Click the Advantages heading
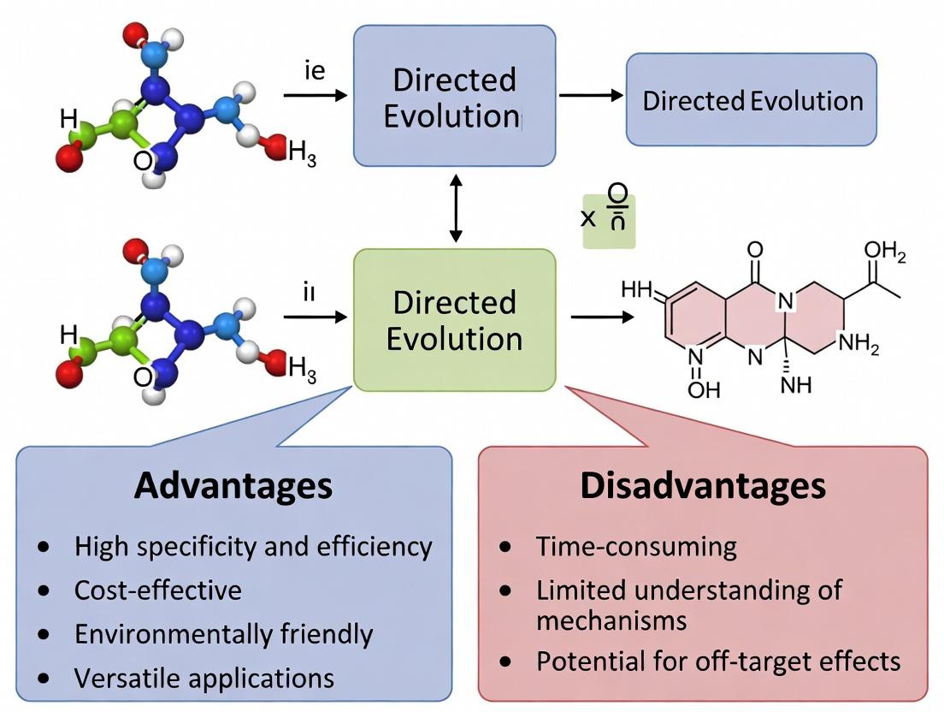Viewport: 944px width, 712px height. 233,486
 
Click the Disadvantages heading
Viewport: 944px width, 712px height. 703,486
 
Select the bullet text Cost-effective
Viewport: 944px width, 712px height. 158,590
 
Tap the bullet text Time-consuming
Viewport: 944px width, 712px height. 636,547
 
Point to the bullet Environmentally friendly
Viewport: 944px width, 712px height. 224,634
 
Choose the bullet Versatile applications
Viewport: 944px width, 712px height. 204,679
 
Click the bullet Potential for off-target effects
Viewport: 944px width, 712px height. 718,662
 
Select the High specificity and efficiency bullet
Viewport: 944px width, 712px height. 253,547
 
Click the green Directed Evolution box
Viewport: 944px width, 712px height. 454,320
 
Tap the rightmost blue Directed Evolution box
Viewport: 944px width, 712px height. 752,100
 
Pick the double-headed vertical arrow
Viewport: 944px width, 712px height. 456,207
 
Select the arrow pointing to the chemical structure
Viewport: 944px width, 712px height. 603,317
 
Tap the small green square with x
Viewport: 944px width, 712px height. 609,220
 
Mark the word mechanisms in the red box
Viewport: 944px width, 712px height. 611,620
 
